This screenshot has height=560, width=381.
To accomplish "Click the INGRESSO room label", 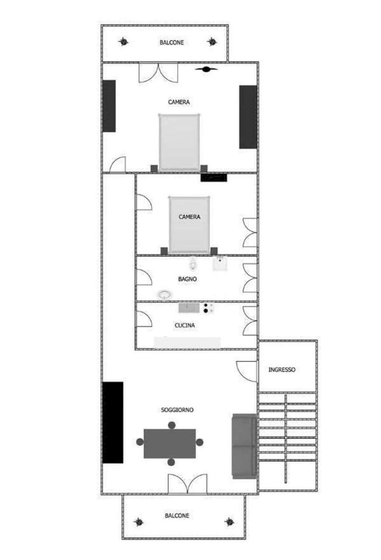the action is [282, 369].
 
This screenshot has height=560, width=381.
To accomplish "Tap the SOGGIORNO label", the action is [177, 410].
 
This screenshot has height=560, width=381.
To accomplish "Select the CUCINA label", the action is [185, 325].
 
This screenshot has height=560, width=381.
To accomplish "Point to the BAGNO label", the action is [187, 279].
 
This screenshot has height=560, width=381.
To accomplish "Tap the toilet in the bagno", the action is [192, 264].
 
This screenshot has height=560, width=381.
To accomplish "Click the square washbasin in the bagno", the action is [220, 263].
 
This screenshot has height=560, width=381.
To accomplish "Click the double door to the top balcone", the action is [159, 72].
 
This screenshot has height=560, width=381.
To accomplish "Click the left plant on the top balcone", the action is [123, 41].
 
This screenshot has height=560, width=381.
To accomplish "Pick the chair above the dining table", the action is [172, 425].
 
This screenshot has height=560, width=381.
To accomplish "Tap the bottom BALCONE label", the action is [177, 516].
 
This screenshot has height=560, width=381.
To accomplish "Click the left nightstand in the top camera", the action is [154, 168].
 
